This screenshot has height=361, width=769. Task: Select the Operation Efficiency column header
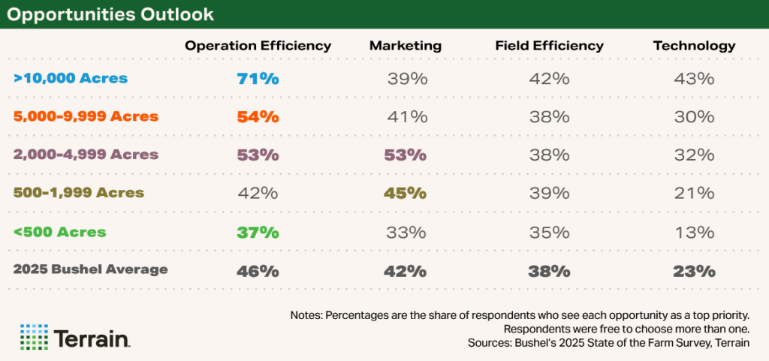[x=258, y=46]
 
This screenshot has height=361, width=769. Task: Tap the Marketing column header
[x=405, y=46]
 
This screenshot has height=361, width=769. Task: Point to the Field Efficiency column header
[x=549, y=46]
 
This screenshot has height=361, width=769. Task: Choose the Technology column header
[x=694, y=46]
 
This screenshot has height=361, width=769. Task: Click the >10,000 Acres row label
[x=71, y=78]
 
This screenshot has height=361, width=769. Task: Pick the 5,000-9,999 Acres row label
[x=86, y=116]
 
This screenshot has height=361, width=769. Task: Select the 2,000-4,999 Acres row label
[x=86, y=155]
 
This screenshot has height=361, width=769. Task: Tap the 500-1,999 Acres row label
[x=78, y=193]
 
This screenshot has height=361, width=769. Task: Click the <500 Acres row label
[x=59, y=232]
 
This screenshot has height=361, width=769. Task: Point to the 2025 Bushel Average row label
[x=90, y=269]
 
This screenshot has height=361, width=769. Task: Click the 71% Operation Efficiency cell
[x=258, y=78]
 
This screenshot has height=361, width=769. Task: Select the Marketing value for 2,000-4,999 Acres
[x=405, y=155]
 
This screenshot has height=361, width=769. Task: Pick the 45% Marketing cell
[x=405, y=193]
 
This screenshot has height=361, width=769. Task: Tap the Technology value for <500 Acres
[x=694, y=232]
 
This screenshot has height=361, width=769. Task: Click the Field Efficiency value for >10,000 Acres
[x=549, y=78]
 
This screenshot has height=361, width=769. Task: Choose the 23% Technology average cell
[x=694, y=271]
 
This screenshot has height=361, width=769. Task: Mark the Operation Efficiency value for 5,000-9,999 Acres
[x=258, y=116]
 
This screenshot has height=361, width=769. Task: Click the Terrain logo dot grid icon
[x=33, y=337]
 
